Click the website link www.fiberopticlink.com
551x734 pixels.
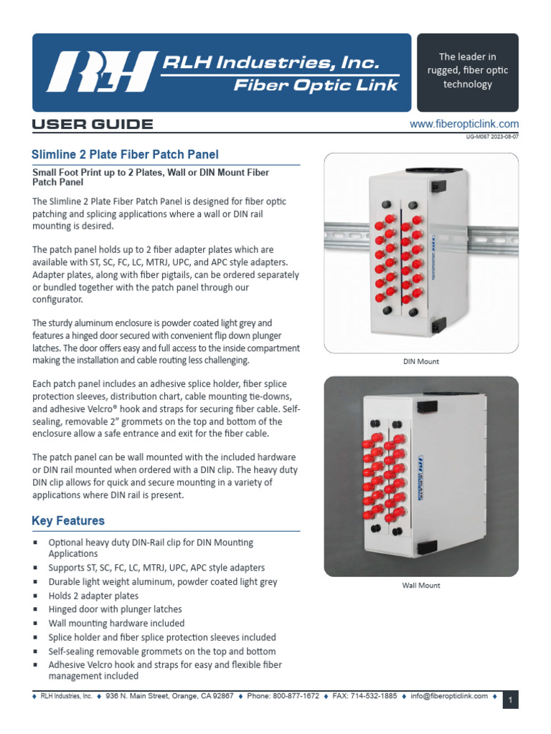463,124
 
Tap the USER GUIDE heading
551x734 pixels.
93,125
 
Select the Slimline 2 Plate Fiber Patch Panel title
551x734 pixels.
126,154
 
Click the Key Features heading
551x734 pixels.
68,521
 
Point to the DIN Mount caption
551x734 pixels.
421,361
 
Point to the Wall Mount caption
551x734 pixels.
421,586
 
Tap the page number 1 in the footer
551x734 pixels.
510,700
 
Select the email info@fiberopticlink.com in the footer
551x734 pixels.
450,696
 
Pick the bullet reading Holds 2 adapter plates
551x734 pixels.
93,596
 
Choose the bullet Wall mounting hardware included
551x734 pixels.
116,624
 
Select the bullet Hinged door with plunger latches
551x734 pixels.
115,609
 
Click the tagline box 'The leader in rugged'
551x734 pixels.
467,71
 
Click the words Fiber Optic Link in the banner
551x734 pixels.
316,86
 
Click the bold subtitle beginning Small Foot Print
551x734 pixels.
151,177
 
